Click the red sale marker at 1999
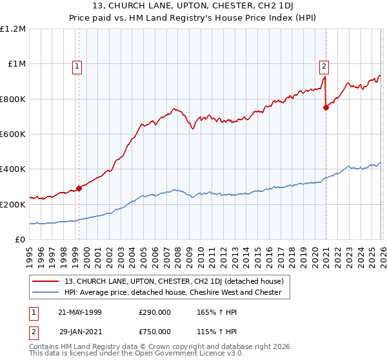(x=79, y=189)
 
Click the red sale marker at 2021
(x=326, y=108)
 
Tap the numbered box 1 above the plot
(x=77, y=65)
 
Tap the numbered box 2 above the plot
(x=323, y=65)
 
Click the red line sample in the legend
(x=46, y=281)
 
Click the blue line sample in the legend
(x=46, y=292)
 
